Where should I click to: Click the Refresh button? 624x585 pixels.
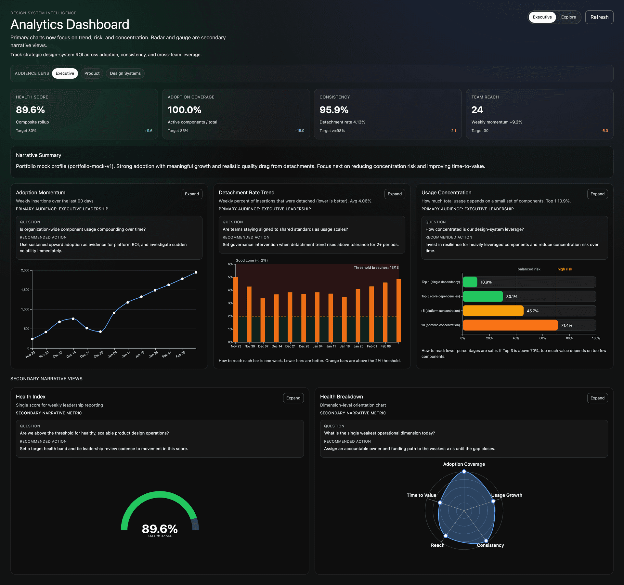click(x=599, y=17)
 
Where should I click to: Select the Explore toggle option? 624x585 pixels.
click(x=568, y=17)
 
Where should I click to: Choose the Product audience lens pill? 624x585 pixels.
click(x=92, y=73)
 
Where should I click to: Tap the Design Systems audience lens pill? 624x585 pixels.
click(x=125, y=73)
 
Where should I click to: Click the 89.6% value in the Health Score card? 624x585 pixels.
click(x=30, y=110)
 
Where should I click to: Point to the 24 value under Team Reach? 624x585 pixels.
click(x=477, y=110)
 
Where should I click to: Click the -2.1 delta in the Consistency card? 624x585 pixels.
click(x=452, y=131)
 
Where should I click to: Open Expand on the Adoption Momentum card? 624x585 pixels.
click(x=192, y=194)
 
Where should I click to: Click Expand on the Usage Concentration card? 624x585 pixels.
click(x=597, y=194)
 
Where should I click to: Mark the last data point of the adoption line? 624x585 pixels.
click(x=196, y=272)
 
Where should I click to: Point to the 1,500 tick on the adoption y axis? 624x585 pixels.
click(x=25, y=290)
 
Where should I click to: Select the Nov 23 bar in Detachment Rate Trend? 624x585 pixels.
click(x=236, y=309)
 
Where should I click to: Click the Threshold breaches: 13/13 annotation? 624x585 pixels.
click(x=376, y=267)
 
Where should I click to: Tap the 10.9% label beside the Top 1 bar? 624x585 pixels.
click(x=486, y=282)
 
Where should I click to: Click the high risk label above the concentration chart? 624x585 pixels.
click(x=565, y=269)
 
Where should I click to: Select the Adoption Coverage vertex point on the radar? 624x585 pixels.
click(x=464, y=472)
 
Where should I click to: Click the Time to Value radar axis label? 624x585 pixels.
click(x=421, y=495)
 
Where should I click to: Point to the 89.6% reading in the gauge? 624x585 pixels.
click(x=160, y=529)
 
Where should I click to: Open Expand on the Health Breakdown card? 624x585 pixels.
click(x=597, y=398)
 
